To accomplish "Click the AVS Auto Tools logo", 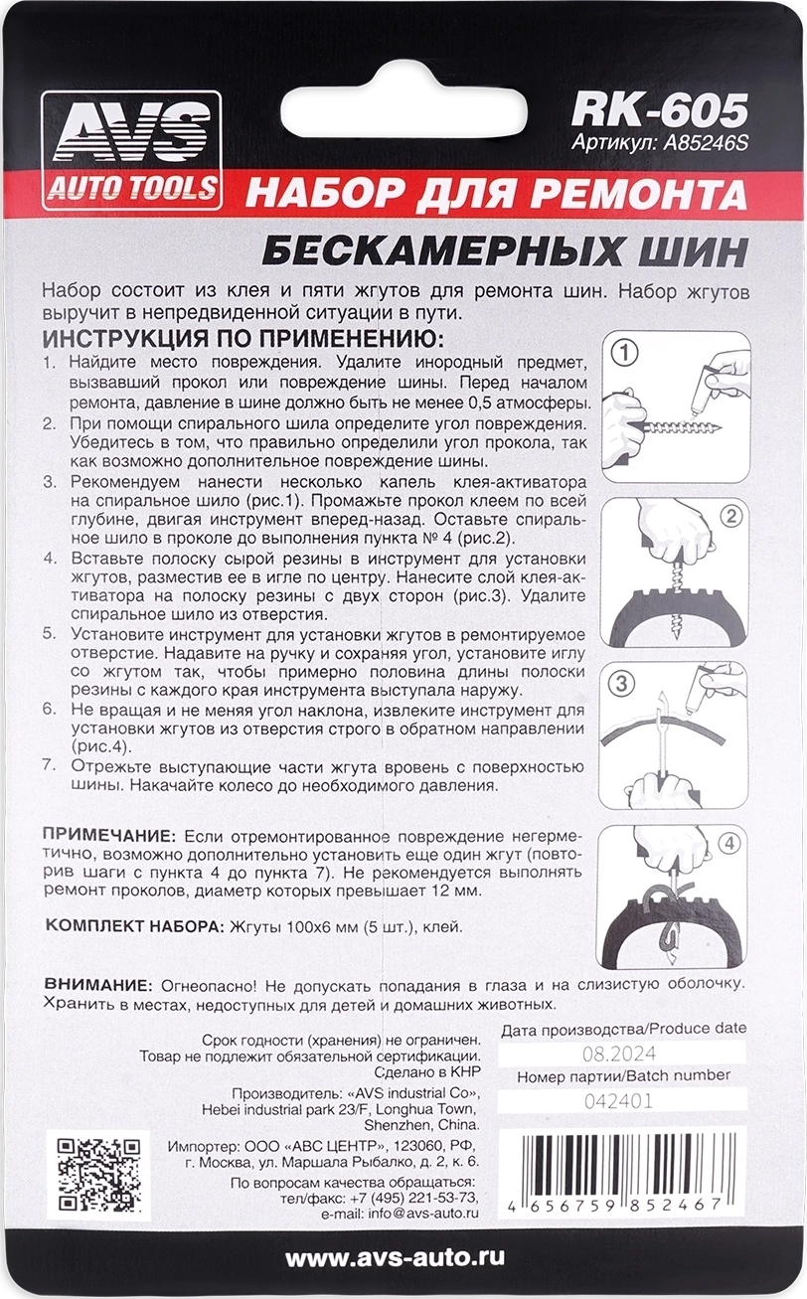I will (x=131, y=149).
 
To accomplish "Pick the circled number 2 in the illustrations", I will (x=729, y=516).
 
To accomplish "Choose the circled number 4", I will (x=728, y=844).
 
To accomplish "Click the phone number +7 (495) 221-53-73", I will (x=407, y=1198).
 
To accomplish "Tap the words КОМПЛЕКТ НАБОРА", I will (x=132, y=926).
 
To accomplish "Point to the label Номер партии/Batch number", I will (x=623, y=1075).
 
